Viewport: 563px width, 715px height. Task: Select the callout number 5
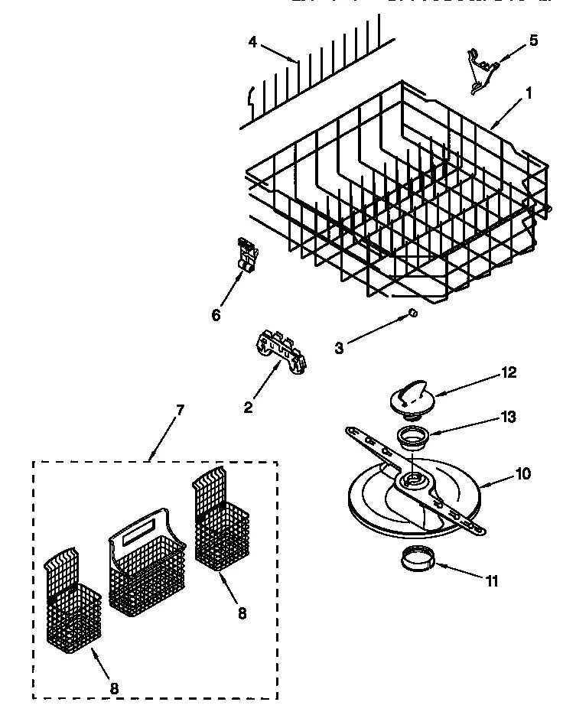pos(533,41)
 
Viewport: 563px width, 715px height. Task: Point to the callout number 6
pos(216,314)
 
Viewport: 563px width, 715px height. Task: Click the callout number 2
pos(248,408)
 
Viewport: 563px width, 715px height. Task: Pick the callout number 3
pos(339,348)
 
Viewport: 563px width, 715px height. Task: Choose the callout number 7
pos(180,410)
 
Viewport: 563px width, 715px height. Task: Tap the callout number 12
pos(509,372)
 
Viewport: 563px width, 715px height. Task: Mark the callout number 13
pos(508,417)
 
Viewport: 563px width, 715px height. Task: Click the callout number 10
pos(522,473)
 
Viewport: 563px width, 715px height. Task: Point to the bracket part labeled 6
pos(245,255)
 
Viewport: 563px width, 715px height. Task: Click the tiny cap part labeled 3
pos(411,312)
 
